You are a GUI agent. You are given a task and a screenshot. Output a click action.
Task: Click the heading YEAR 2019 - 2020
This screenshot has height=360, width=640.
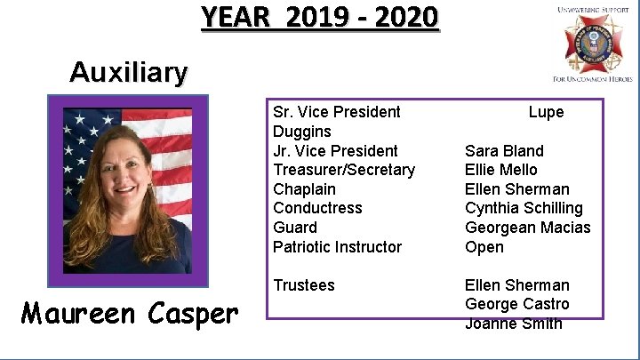point(319,17)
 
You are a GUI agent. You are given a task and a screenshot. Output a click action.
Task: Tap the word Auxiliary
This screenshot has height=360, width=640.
point(129,72)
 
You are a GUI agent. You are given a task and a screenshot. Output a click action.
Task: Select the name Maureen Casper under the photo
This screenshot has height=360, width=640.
point(130,313)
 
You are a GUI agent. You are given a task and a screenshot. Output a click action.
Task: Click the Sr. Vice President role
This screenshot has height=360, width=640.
point(337,112)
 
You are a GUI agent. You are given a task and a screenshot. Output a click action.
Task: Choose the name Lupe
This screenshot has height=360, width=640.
point(546,112)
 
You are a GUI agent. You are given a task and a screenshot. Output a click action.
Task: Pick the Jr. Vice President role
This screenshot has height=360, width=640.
point(336,151)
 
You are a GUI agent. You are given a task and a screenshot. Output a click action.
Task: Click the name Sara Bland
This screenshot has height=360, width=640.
point(504,151)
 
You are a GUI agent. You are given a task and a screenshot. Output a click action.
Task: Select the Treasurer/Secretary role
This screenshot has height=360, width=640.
point(344,170)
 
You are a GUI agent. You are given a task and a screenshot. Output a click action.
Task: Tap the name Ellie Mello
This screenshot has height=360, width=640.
point(501,170)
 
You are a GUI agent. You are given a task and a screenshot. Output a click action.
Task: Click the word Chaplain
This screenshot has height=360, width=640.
point(305,189)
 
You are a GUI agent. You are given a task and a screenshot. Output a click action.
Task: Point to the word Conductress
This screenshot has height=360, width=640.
point(318,208)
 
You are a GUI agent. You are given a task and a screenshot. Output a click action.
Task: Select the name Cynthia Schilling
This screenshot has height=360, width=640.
point(524,208)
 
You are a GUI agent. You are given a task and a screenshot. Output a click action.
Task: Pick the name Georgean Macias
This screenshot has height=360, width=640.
point(528,228)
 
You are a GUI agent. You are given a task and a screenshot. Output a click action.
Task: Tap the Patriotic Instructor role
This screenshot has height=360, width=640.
point(338,247)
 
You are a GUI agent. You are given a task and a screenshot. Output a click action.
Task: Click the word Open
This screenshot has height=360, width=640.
point(484,247)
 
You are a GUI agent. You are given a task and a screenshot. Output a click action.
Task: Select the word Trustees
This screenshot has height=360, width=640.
point(304,285)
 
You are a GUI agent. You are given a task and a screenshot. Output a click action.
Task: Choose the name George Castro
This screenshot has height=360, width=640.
point(517,304)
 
